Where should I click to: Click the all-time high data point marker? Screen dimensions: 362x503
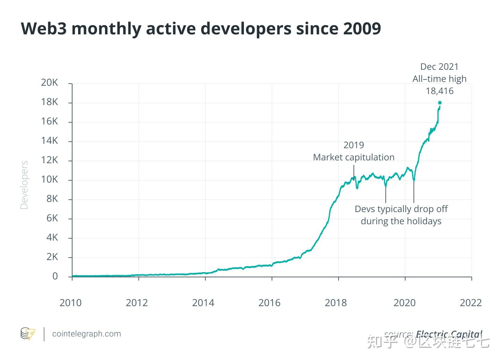pos(440,103)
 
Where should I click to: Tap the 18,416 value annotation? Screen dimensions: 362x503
pos(440,91)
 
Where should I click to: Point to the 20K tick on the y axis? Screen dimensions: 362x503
pos(50,83)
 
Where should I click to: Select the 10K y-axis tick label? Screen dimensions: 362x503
pos(50,179)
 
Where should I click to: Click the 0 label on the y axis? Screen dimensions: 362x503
pos(55,276)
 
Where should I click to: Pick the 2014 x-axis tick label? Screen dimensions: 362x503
pos(203,303)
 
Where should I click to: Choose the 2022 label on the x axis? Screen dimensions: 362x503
pos(471,303)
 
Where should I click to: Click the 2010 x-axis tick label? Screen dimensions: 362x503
pos(70,303)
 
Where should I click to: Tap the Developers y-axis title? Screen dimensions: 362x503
pos(24,185)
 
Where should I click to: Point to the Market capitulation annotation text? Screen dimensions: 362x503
pos(353,157)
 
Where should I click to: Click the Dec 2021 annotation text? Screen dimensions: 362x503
pos(439,67)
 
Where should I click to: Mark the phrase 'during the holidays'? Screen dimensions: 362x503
pos(401,221)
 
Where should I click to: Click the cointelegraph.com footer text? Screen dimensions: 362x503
pos(86,334)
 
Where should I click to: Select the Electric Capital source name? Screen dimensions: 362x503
pos(449,334)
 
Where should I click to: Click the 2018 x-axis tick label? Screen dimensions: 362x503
pos(335,303)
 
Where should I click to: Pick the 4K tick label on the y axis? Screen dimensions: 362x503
pos(52,237)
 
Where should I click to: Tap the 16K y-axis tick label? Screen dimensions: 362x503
pos(50,121)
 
